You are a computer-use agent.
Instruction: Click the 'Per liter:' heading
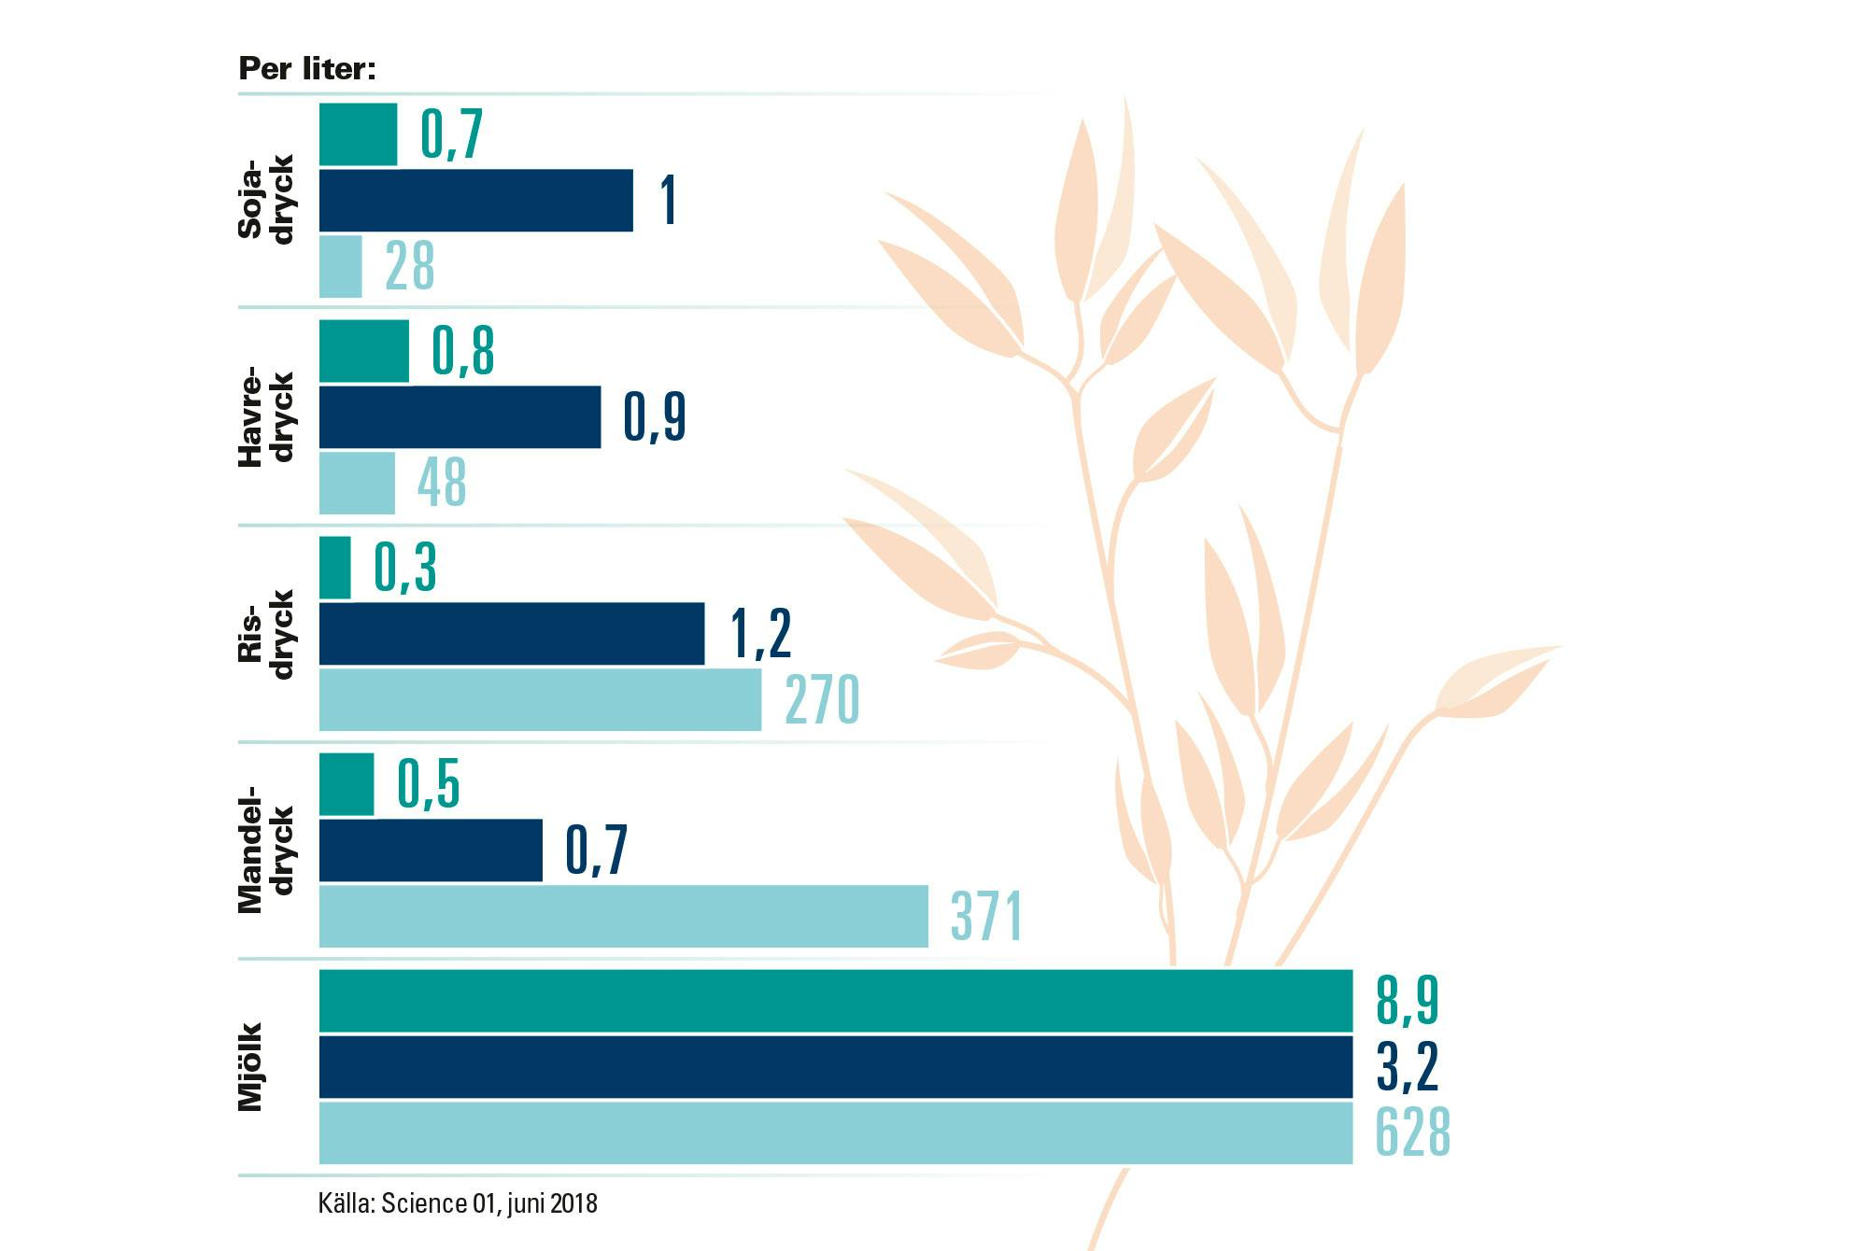[307, 69]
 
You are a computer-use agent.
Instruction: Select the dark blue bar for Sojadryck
[475, 200]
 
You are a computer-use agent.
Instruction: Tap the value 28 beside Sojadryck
[410, 266]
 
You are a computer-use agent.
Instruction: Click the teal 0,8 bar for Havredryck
[363, 351]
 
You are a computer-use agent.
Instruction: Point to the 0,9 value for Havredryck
[655, 416]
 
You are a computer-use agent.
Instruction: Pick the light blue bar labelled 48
[357, 483]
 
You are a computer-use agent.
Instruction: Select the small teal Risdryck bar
[335, 568]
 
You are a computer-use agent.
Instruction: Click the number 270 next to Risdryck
[822, 699]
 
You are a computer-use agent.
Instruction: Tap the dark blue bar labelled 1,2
[511, 634]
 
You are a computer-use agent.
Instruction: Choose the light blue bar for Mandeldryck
[623, 916]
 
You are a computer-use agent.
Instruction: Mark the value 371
[986, 916]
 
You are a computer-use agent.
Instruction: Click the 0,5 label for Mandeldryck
[429, 784]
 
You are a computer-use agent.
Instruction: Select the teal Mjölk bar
[835, 1001]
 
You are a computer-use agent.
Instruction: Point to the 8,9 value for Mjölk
[1407, 1001]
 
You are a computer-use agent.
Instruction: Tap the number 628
[1412, 1132]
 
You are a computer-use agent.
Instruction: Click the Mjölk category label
[250, 1067]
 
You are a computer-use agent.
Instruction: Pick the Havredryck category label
[265, 417]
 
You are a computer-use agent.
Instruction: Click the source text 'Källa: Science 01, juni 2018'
[458, 1202]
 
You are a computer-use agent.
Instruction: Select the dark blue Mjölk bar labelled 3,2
[835, 1067]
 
